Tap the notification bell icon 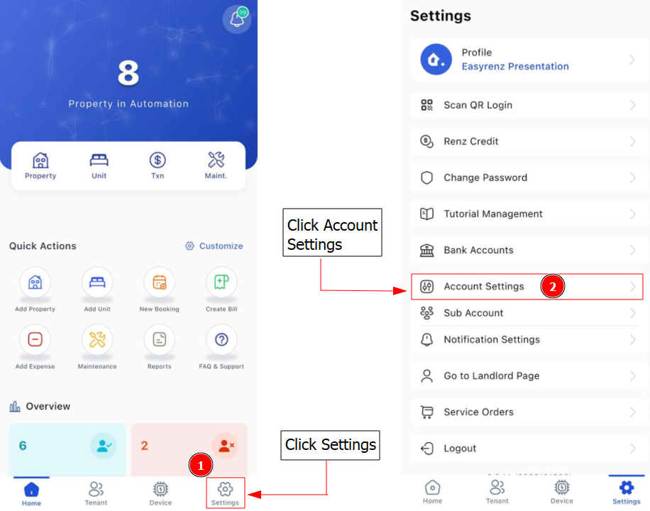[237, 18]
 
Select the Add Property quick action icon [35, 282]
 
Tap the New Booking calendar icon [160, 282]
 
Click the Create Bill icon [222, 282]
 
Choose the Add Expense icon [35, 339]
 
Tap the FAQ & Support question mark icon [222, 339]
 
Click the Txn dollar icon [158, 160]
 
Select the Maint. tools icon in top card [216, 160]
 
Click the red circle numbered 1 [201, 466]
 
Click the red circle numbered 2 [553, 286]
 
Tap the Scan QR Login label [478, 105]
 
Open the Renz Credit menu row [529, 141]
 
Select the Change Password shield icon [426, 177]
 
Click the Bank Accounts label [478, 250]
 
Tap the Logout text [460, 449]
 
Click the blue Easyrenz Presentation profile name [515, 67]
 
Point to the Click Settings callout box [331, 445]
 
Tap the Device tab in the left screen [160, 493]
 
